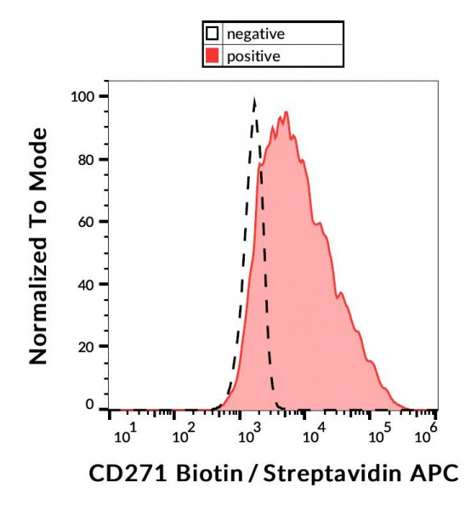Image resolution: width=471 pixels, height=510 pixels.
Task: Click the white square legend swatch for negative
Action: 213,35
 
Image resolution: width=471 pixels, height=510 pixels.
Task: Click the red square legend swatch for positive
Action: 213,57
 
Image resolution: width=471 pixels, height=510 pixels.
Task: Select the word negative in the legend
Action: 255,35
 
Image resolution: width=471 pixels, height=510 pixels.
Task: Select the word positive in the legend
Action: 253,57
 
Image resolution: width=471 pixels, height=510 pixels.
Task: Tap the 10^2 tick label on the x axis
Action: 184,434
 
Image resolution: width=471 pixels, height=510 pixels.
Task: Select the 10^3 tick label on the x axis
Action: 247,434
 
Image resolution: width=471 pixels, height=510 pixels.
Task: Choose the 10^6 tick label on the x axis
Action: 423,434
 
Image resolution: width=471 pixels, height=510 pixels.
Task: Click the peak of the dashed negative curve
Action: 254,99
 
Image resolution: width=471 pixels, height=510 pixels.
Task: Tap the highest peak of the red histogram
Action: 287,112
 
